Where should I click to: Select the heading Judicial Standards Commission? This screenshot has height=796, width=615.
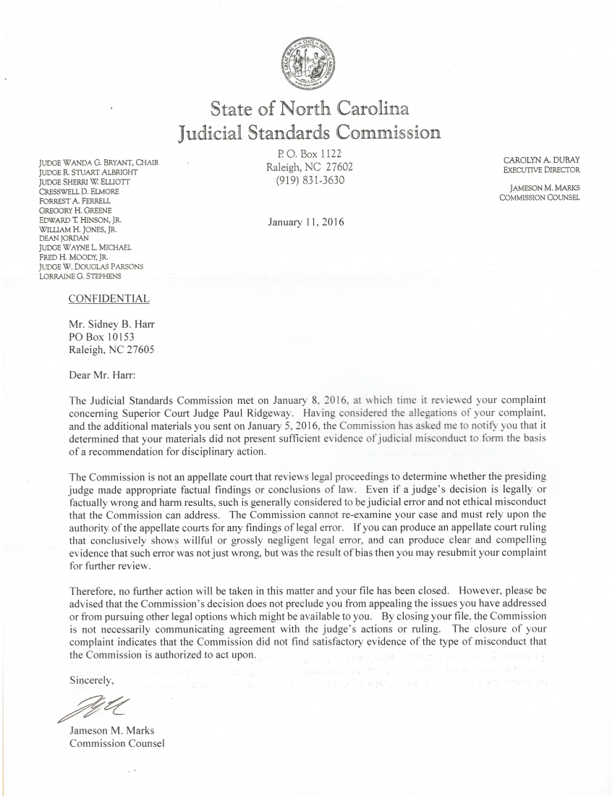click(309, 132)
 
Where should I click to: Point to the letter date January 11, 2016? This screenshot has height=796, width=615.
click(306, 222)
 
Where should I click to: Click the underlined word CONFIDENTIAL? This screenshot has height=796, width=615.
click(109, 299)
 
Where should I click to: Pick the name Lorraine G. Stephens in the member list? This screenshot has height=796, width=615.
click(80, 276)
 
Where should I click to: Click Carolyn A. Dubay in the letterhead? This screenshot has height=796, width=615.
click(542, 159)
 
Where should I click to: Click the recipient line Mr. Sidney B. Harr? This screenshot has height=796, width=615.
click(111, 324)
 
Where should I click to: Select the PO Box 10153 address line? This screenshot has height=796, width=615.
click(101, 336)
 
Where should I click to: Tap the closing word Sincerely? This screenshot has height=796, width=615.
click(92, 680)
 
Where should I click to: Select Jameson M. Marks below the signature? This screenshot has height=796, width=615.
click(111, 730)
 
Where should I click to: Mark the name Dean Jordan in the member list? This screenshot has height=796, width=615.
click(60, 237)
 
